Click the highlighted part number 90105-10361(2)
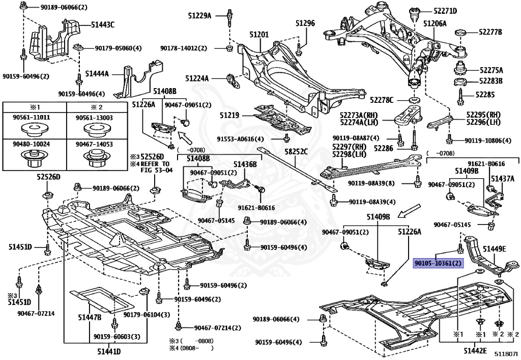tap(438, 263)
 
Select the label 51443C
tap(103, 24)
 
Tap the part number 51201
tap(258, 35)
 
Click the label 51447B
tap(90, 317)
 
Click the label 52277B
tap(489, 32)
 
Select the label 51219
tap(229, 116)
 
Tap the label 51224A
tap(197, 78)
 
